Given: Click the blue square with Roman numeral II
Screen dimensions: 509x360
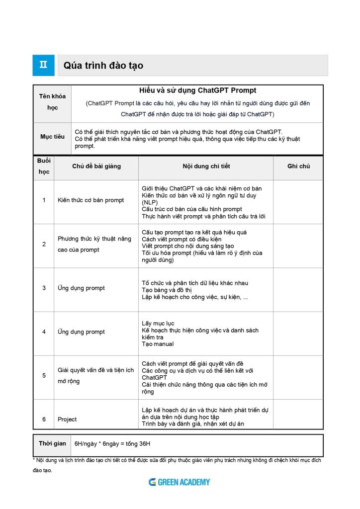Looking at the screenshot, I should coord(44,65).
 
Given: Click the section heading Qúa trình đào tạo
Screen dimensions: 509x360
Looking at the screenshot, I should coord(103,66).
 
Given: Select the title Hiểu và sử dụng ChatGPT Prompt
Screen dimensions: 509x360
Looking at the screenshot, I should coord(198,91).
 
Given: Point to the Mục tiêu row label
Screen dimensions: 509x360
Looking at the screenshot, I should coord(53,137).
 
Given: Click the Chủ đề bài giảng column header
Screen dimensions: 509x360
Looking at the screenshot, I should coord(96,167).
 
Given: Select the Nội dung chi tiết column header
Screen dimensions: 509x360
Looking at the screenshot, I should coord(206,167).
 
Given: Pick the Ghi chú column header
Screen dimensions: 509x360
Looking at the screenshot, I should coord(298,167).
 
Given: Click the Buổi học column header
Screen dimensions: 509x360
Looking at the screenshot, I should coord(44,166).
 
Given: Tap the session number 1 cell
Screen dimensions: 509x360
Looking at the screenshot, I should coord(44,200).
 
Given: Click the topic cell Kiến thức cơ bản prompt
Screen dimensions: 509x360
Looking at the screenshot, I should coord(91,200).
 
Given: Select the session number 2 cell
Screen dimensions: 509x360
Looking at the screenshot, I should coord(44,244).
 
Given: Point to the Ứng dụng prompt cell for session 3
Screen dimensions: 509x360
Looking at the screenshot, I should coord(82,288).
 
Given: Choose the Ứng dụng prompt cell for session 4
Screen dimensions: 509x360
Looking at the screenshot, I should coord(82,332).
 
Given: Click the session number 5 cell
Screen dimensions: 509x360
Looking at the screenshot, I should coord(44,376).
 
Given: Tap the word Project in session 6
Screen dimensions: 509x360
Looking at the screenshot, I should coord(67,420).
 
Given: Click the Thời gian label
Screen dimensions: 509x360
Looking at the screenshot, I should coord(52,443).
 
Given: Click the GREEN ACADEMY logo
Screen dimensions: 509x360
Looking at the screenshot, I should coord(180,482).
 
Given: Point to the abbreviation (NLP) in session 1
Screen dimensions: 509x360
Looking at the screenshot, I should coord(150,203).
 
